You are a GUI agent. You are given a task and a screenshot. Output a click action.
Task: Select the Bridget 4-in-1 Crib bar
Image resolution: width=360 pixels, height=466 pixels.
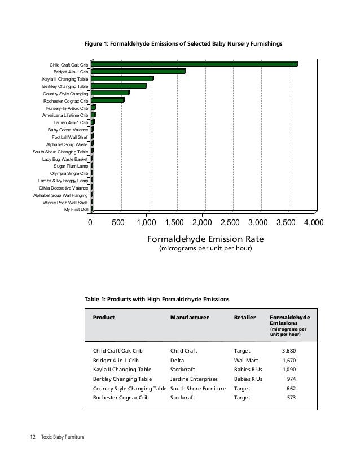pos(138,72)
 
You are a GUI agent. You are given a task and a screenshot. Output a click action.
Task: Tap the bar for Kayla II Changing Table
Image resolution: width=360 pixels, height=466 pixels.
pos(122,79)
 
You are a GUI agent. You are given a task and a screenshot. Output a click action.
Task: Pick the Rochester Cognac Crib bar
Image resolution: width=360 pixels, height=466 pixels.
pos(107,100)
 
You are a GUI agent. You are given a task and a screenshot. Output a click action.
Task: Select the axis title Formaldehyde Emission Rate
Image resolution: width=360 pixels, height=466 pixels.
pos(205,239)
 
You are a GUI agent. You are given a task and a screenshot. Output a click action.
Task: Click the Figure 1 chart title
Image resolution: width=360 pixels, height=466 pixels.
pos(183,43)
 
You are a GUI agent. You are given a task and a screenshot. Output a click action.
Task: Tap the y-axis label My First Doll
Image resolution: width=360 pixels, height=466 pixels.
pos(77,209)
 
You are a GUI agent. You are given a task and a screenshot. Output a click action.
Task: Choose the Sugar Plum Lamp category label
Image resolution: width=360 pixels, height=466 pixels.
pos(71,166)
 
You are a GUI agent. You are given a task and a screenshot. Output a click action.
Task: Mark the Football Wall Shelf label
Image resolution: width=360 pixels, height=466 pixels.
pos(70,137)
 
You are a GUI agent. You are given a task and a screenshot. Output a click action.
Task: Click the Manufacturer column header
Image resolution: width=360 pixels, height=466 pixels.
pos(189,318)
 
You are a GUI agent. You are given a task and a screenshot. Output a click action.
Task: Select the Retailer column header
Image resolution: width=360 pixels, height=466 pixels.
pos(244,318)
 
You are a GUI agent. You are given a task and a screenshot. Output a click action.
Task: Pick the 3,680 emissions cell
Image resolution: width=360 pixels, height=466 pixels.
pos(288,350)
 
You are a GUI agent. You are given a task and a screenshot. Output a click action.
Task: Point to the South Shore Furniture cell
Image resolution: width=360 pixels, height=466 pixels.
pos(197,389)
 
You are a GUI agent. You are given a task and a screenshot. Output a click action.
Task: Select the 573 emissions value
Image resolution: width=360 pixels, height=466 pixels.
pos(291,398)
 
